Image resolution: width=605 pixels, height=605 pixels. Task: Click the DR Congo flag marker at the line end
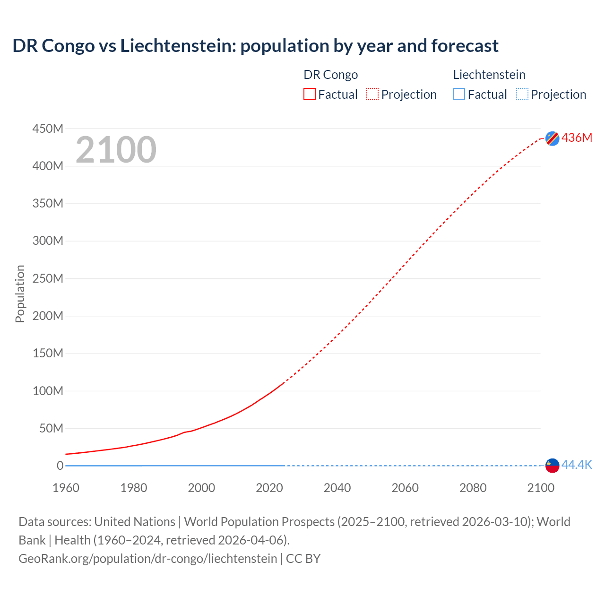point(552,138)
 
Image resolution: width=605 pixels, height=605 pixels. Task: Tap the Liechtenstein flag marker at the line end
point(552,466)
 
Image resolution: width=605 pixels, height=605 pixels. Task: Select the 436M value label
point(577,138)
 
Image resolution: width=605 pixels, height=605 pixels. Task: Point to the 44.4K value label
point(577,465)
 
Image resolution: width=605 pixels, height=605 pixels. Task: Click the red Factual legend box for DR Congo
point(310,95)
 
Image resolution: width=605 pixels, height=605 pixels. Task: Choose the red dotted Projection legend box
point(372,95)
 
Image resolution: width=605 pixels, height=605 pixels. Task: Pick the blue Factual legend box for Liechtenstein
point(459,95)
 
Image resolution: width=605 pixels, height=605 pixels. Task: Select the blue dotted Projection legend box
point(522,95)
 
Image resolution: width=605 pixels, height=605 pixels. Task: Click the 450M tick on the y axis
point(48,129)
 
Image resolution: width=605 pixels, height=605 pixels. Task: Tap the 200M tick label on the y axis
point(48,316)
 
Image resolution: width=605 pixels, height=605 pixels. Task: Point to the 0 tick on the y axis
point(60,466)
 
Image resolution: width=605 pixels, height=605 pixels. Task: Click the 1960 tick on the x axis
point(66,488)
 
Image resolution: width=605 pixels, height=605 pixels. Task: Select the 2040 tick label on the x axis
point(337,488)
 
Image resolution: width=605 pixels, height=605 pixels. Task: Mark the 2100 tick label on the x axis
point(541,488)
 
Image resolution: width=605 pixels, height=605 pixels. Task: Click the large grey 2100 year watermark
point(116,150)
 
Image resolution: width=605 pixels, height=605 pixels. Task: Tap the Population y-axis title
point(20,294)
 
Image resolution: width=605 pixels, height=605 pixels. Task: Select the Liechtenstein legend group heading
point(489,75)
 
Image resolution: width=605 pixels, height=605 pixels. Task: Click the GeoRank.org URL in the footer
point(148,559)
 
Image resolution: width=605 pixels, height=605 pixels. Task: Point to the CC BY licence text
point(303,559)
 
